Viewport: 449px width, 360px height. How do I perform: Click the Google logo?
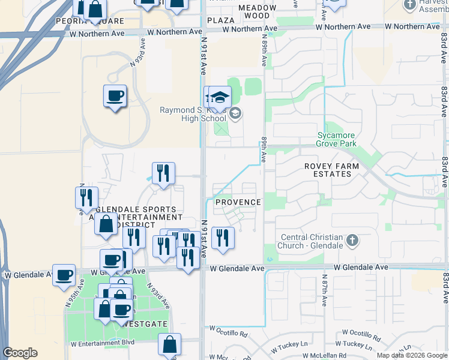point(20,353)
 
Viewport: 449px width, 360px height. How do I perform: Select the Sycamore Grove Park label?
point(337,139)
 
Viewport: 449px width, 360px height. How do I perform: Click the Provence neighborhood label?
point(238,202)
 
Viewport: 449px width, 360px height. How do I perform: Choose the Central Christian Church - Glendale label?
point(312,241)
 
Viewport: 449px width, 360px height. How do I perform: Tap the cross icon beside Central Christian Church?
point(352,241)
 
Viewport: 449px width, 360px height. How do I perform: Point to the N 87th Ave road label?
point(323,292)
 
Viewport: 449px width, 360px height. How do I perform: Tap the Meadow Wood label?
point(257,11)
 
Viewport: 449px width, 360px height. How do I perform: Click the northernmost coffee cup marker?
point(115,95)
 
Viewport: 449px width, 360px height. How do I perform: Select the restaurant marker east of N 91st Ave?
point(223,237)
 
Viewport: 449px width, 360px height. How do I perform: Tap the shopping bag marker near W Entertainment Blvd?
point(170,344)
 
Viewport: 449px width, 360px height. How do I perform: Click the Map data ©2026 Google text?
point(412,355)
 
